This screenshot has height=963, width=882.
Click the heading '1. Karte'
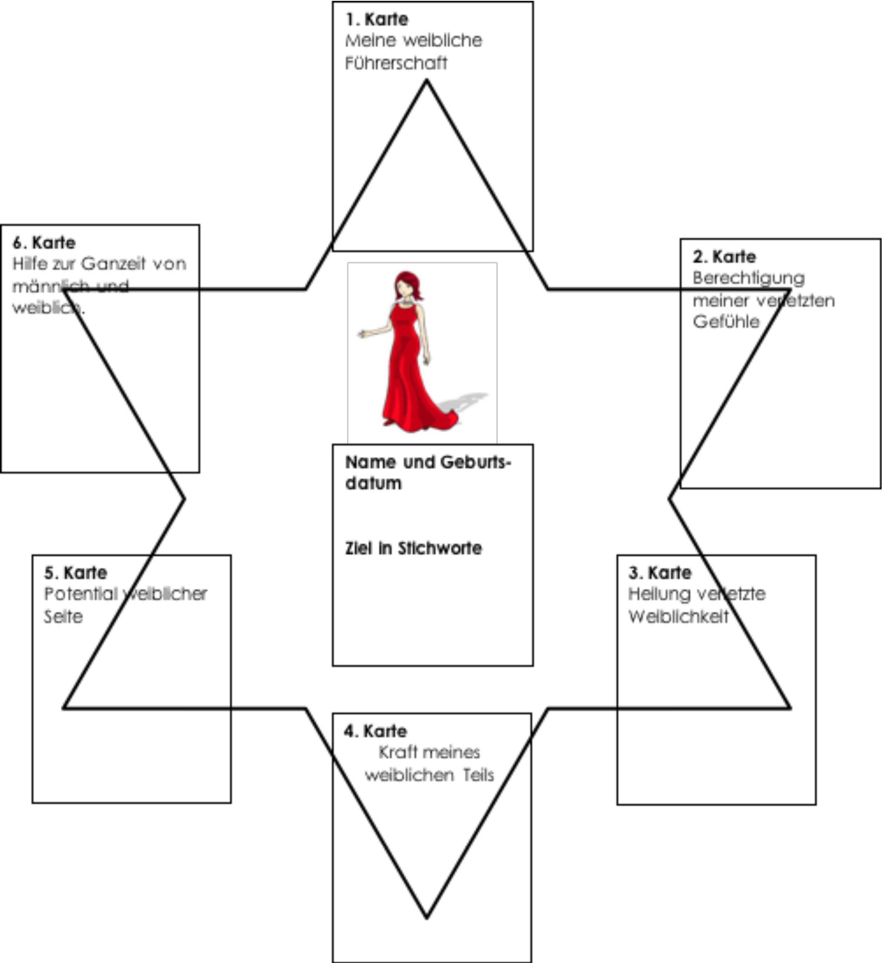[377, 19]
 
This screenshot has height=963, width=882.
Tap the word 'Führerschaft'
[396, 63]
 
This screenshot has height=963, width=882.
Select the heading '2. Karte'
[724, 257]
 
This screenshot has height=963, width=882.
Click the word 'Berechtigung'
[748, 278]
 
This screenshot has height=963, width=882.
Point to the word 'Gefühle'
[726, 321]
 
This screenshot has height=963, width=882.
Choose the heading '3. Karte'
[659, 573]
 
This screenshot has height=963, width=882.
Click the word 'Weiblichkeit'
[678, 617]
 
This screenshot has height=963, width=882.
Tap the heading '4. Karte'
[375, 731]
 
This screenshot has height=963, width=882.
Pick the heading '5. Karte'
[75, 573]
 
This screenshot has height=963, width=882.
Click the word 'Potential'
[81, 594]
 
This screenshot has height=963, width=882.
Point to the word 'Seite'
[63, 617]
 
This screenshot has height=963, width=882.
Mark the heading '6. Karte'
[44, 243]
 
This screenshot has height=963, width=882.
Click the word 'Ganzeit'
[113, 264]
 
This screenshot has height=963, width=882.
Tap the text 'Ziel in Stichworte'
[413, 548]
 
